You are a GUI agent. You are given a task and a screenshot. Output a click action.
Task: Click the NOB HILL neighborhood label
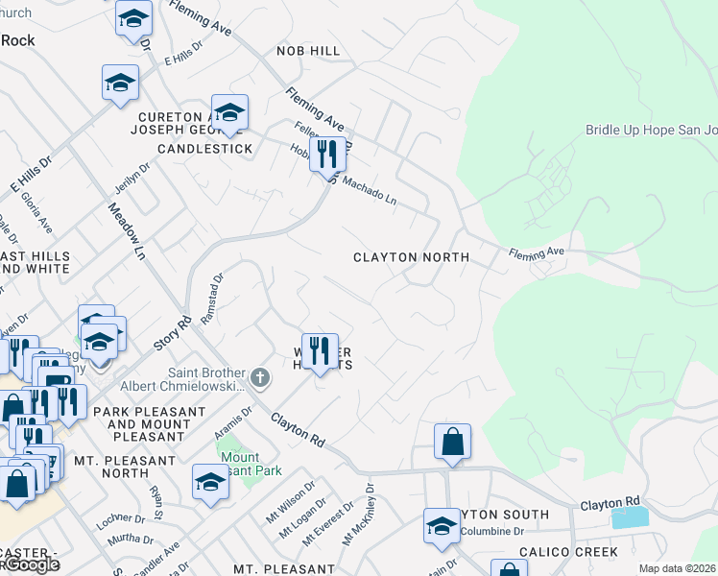(x=307, y=50)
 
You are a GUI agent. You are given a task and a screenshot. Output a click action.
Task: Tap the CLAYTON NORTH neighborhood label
(x=411, y=257)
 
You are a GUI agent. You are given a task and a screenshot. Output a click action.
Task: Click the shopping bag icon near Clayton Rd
(x=452, y=442)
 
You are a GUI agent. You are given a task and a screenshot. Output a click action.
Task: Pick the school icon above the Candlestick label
(x=229, y=114)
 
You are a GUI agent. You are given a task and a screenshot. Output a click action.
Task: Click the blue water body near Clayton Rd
(x=630, y=516)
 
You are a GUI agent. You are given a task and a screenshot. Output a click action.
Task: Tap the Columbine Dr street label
(x=491, y=531)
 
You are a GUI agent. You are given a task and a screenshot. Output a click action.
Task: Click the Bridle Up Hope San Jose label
(x=651, y=130)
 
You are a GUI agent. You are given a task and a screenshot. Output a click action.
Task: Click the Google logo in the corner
(x=31, y=564)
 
